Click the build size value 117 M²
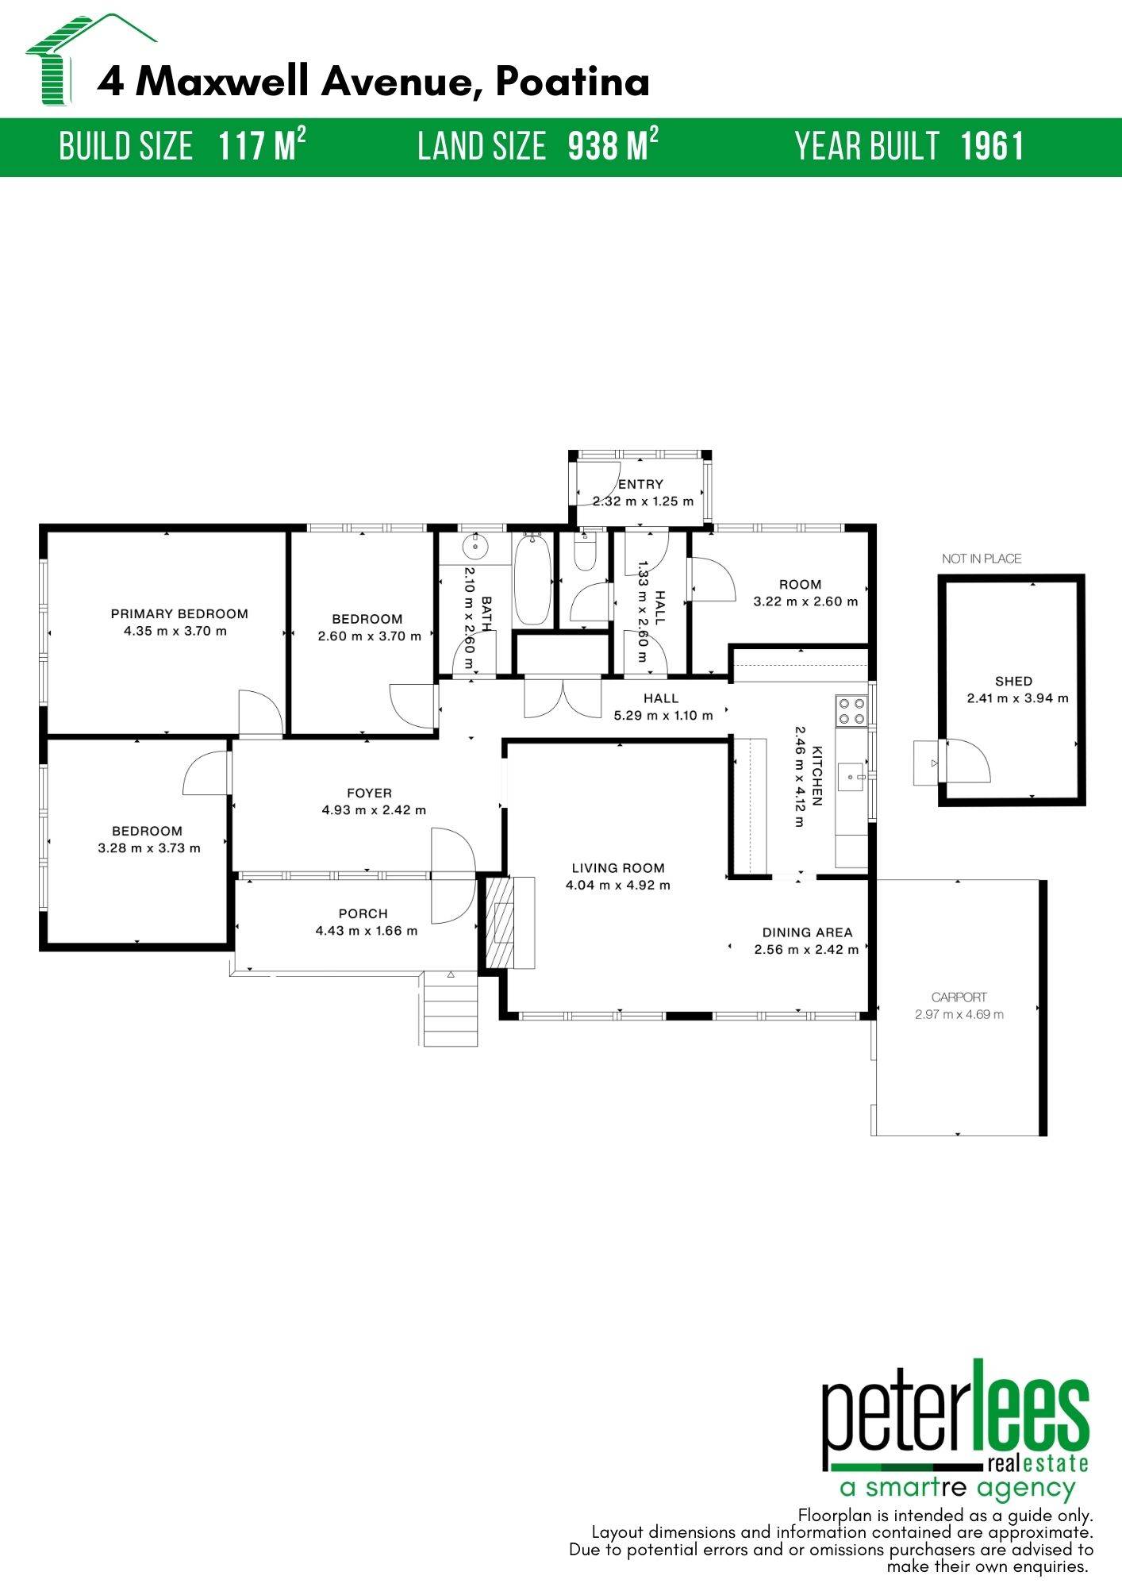point(262,147)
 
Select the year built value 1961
point(992,147)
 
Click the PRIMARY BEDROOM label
point(179,613)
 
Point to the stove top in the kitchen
point(851,710)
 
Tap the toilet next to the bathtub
point(585,554)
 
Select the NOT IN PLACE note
point(982,559)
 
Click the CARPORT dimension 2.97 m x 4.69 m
point(959,1014)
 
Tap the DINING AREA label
point(807,932)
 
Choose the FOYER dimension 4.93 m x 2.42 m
point(374,810)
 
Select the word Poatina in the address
point(573,82)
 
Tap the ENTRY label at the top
point(640,484)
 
